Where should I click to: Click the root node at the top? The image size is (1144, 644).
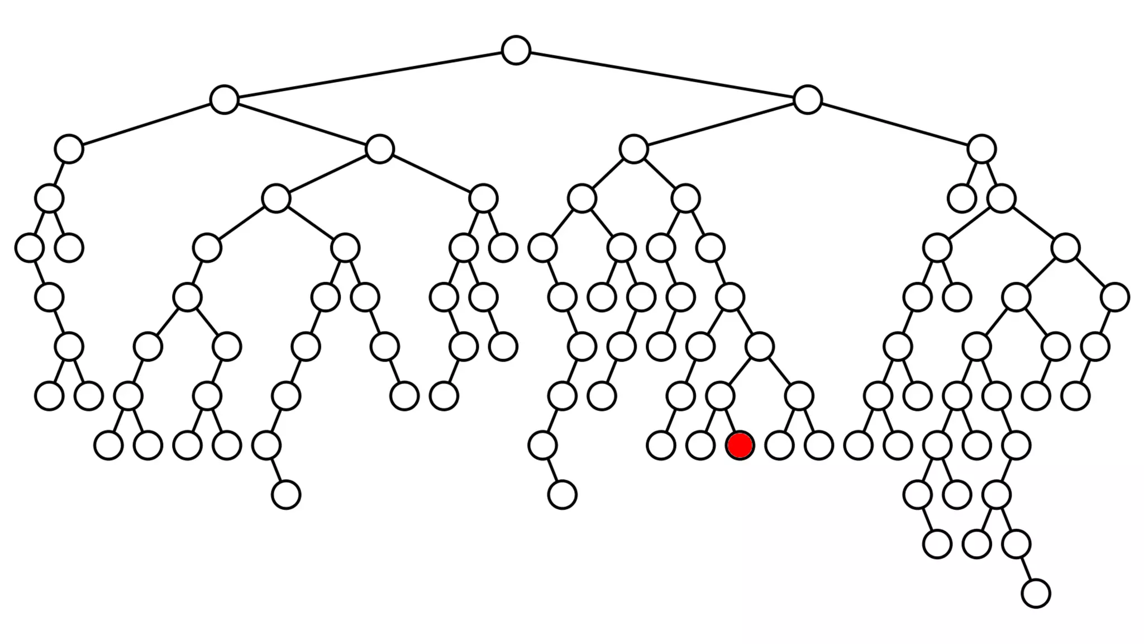tap(516, 50)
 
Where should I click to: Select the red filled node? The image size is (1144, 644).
tap(740, 446)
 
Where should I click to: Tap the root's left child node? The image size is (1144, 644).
tap(224, 100)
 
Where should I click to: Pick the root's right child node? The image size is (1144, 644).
tap(807, 100)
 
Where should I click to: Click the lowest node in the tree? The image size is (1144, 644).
tap(1036, 593)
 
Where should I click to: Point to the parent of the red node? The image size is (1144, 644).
tap(720, 396)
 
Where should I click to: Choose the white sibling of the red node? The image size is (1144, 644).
tap(700, 446)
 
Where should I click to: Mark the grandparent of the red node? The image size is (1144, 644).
tap(759, 347)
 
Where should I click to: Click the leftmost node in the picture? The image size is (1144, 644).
tap(30, 248)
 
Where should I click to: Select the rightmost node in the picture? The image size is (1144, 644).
tap(1115, 297)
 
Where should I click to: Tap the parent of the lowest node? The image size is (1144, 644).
tap(1016, 544)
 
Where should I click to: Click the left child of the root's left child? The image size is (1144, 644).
tap(69, 149)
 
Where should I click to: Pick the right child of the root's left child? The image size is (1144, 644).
tap(380, 149)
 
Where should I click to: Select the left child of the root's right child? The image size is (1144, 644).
tap(633, 149)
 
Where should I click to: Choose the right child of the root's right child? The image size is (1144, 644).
tap(981, 149)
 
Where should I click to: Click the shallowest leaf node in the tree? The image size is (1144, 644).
tap(961, 198)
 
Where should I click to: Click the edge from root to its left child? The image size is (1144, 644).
tap(370, 75)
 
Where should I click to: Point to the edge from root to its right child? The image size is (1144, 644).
tap(661, 75)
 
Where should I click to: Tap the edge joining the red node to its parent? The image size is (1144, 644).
tap(730, 421)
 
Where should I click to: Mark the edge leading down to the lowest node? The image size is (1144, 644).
tap(1026, 569)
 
